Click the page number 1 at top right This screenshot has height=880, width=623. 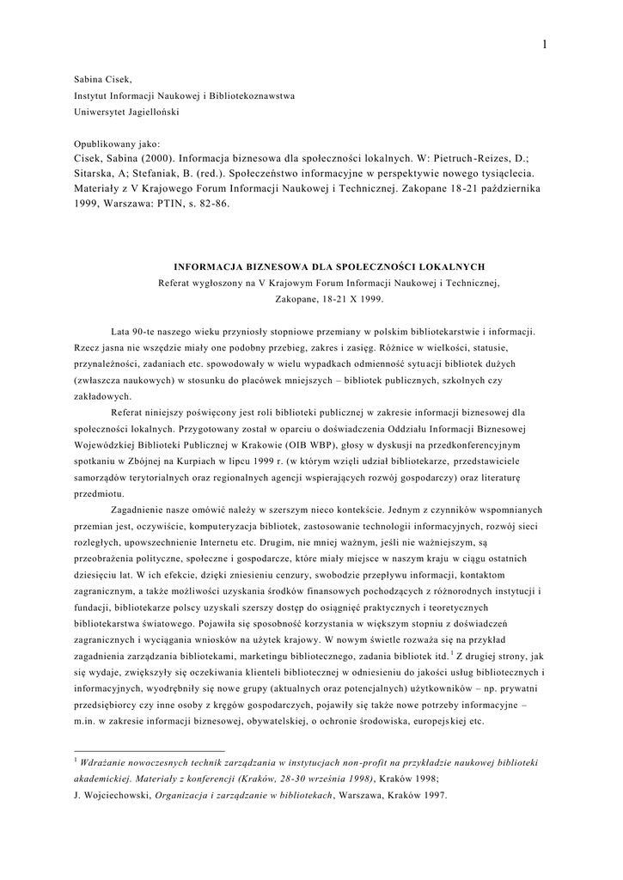(x=545, y=45)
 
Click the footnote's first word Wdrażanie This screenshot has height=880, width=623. (x=109, y=762)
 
